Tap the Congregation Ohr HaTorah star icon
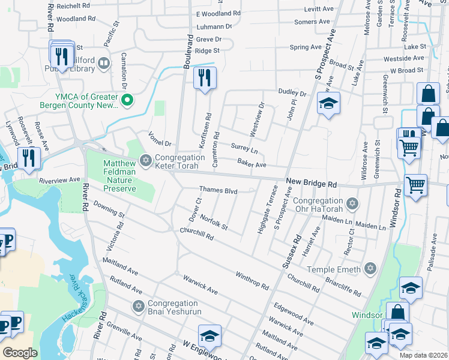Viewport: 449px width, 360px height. click(x=353, y=203)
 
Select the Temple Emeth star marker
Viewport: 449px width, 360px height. click(x=370, y=268)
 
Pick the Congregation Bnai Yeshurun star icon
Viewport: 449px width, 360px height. click(x=139, y=306)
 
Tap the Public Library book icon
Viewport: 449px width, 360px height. click(x=103, y=63)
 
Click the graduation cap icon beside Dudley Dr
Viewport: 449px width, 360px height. click(x=328, y=104)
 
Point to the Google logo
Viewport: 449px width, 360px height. click(x=20, y=352)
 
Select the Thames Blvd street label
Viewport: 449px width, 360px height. click(x=218, y=191)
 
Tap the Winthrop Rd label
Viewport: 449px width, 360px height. click(x=252, y=279)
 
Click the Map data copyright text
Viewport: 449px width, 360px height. click(x=423, y=355)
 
